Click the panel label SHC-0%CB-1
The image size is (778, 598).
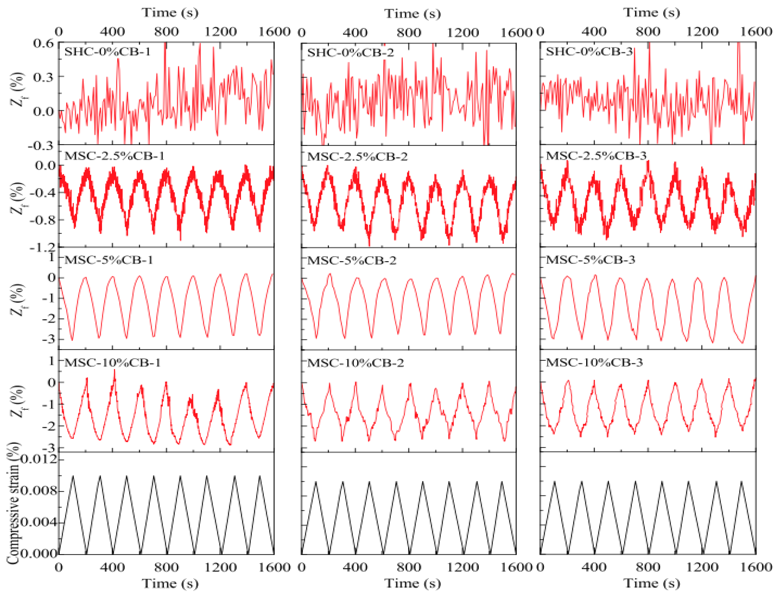click(107, 52)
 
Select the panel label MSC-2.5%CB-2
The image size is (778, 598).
click(357, 157)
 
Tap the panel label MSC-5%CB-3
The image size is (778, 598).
click(590, 260)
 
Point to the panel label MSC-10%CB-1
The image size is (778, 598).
click(113, 363)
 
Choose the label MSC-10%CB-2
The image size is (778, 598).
click(355, 363)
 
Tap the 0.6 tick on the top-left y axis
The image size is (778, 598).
click(43, 43)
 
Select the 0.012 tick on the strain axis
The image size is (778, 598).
click(39, 460)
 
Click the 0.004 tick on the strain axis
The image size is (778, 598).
click(39, 522)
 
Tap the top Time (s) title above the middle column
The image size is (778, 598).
click(412, 14)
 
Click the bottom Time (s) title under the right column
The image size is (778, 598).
click(651, 583)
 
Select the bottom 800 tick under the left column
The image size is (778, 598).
click(166, 567)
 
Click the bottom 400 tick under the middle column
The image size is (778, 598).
click(355, 567)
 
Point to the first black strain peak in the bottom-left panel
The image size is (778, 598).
click(73, 476)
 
